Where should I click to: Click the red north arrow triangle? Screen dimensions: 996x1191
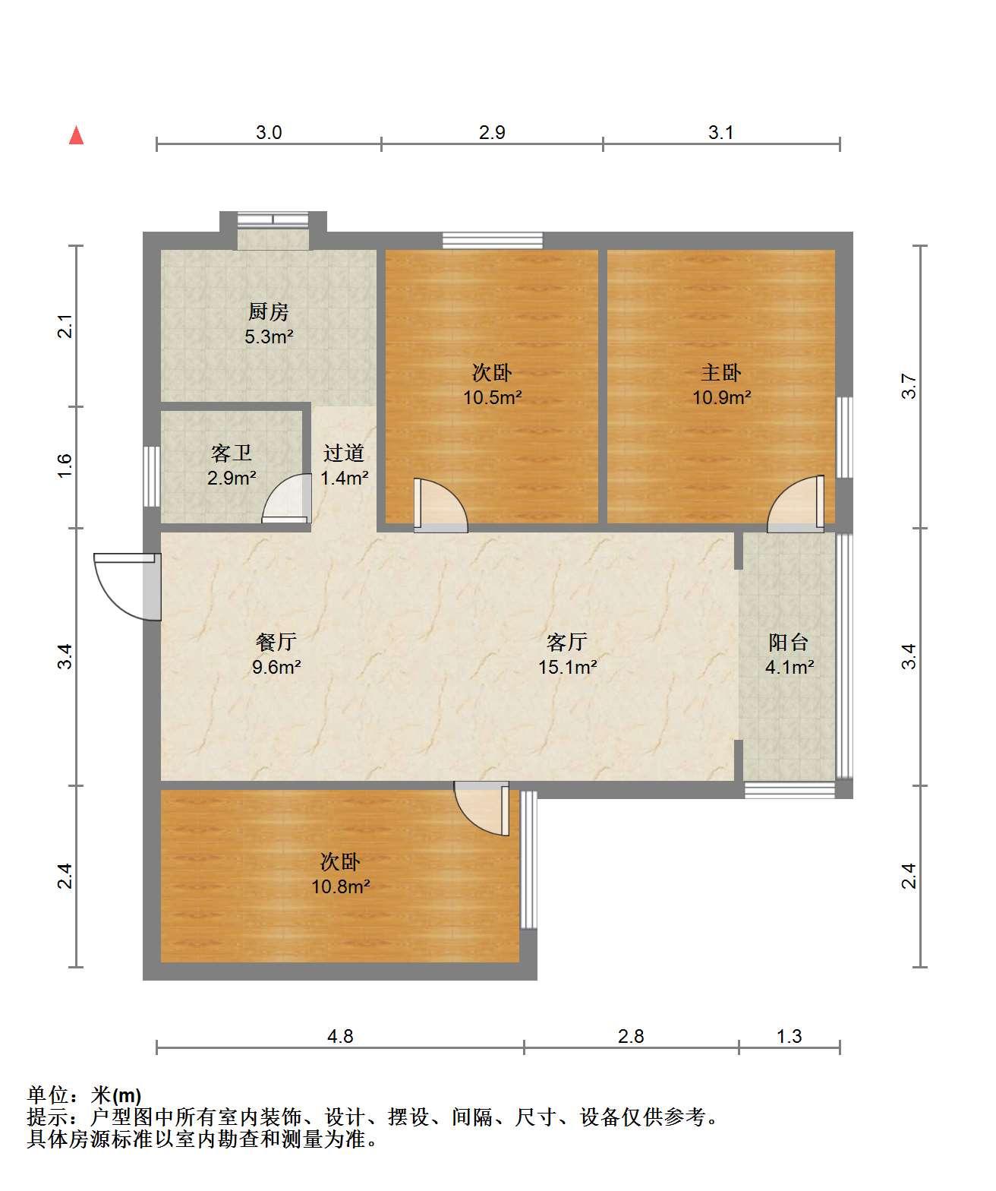coord(77,136)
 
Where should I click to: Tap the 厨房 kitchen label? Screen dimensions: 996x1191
coord(269,311)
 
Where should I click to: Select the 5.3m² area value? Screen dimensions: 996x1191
coord(269,336)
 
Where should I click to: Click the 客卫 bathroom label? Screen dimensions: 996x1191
coord(232,453)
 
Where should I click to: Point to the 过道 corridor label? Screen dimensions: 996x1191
coord(344,453)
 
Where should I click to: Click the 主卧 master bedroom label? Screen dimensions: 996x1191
coord(721,372)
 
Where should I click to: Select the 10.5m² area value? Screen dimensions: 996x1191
coord(493,397)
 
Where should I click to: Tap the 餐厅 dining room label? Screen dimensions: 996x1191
coord(276,642)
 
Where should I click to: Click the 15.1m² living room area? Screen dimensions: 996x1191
coord(568,666)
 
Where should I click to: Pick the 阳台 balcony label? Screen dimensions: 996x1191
coord(789,643)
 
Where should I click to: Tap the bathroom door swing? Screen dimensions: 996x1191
coord(286,498)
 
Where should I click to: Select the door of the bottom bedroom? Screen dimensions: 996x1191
coord(482,808)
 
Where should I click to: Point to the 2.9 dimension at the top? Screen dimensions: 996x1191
coord(492,132)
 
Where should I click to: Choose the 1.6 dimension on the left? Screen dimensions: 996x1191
coord(65,466)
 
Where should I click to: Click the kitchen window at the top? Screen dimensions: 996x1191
coord(273,220)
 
